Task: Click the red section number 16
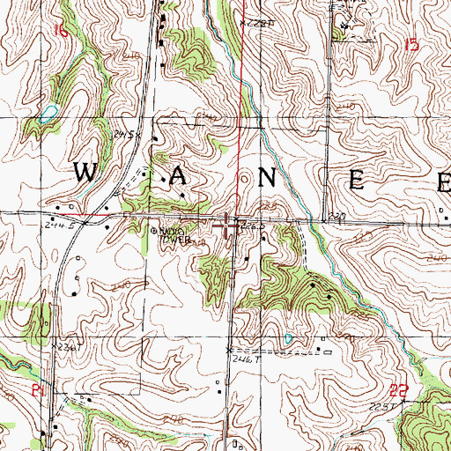pyautogui.click(x=59, y=31)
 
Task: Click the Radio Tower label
pyautogui.click(x=174, y=235)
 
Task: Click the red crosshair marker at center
pyautogui.click(x=228, y=226)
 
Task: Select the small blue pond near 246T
pyautogui.click(x=288, y=337)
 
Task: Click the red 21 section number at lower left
pyautogui.click(x=37, y=388)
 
